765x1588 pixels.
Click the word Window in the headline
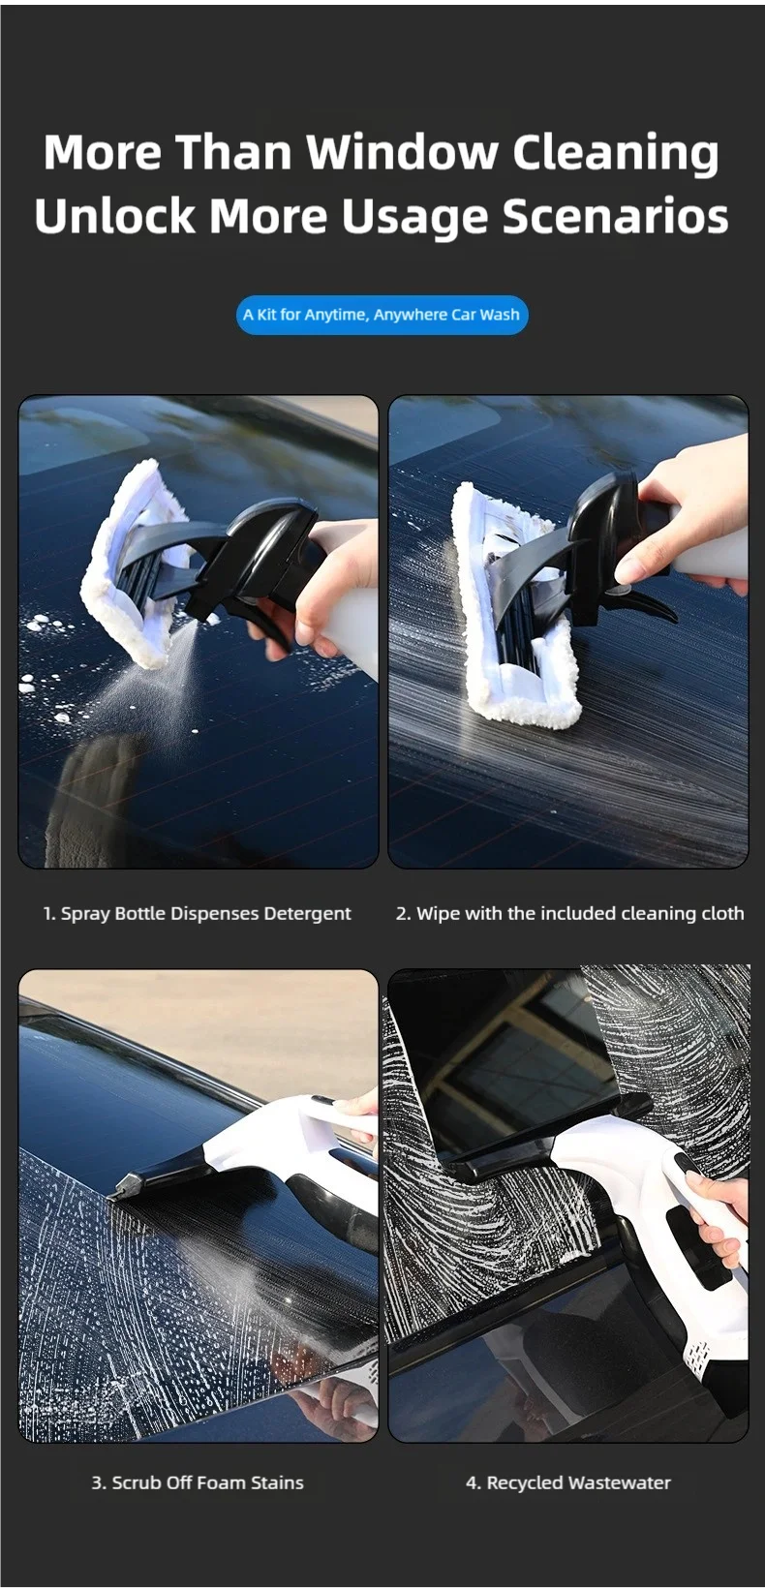(403, 152)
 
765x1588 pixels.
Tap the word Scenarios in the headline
(616, 216)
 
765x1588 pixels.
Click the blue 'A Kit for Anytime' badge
(382, 315)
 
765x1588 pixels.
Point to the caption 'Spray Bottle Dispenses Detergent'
(198, 914)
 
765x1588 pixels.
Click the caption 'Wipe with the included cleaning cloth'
(570, 914)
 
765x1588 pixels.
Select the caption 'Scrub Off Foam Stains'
(198, 1482)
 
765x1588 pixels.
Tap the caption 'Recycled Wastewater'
(568, 1482)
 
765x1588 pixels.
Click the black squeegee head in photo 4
(538, 1142)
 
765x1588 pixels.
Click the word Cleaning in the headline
(616, 153)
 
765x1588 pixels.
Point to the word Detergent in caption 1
(307, 914)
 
